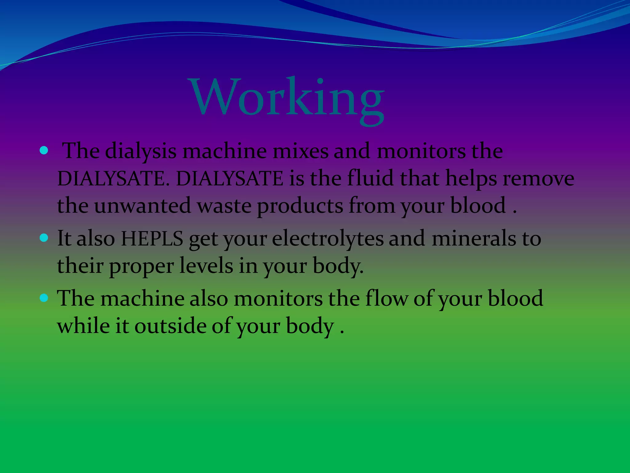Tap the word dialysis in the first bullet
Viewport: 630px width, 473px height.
tap(141, 152)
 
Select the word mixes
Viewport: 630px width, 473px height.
tap(301, 152)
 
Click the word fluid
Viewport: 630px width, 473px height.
tap(370, 179)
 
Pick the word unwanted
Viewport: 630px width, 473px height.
tap(142, 206)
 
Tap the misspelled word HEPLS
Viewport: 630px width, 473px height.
tap(152, 238)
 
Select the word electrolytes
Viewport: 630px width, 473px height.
tap(328, 239)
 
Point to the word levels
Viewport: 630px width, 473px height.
tap(206, 265)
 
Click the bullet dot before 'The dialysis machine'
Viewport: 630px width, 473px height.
tap(44, 151)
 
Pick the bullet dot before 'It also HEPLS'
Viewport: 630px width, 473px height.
tap(44, 238)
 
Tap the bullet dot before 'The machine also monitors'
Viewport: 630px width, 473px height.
tap(44, 298)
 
